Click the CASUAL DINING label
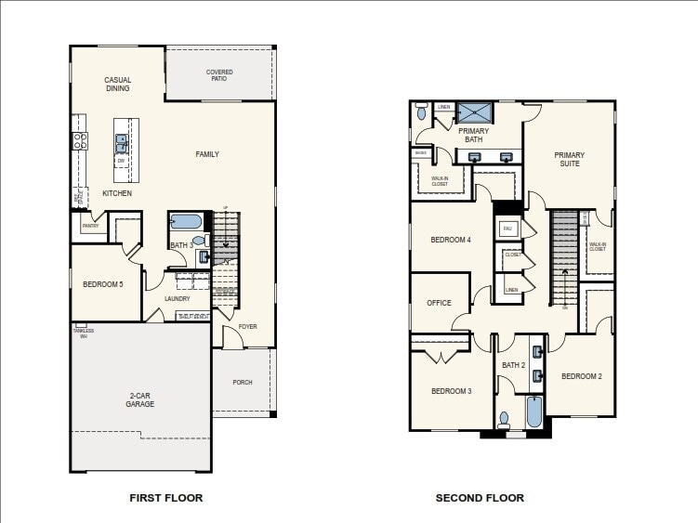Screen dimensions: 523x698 (117, 85)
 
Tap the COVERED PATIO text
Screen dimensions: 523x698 (219, 75)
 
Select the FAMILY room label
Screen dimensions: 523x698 (207, 154)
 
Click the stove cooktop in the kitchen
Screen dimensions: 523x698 (80, 141)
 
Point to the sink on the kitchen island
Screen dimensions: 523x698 (122, 143)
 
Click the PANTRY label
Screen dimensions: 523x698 (90, 226)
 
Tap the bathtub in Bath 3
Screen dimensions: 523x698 (185, 222)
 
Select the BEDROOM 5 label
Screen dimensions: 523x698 (102, 284)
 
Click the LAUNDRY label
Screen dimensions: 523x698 (177, 298)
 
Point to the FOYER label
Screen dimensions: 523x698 (247, 327)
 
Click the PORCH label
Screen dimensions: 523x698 (243, 382)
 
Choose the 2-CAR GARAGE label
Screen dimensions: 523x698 (140, 400)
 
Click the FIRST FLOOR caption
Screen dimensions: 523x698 (165, 498)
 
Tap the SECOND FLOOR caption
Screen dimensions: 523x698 (480, 498)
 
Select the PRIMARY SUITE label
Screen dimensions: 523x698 (570, 159)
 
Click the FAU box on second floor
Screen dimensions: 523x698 (507, 228)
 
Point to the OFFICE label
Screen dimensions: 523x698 (439, 303)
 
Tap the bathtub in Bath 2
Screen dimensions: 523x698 (534, 412)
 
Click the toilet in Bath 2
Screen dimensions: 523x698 (505, 419)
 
